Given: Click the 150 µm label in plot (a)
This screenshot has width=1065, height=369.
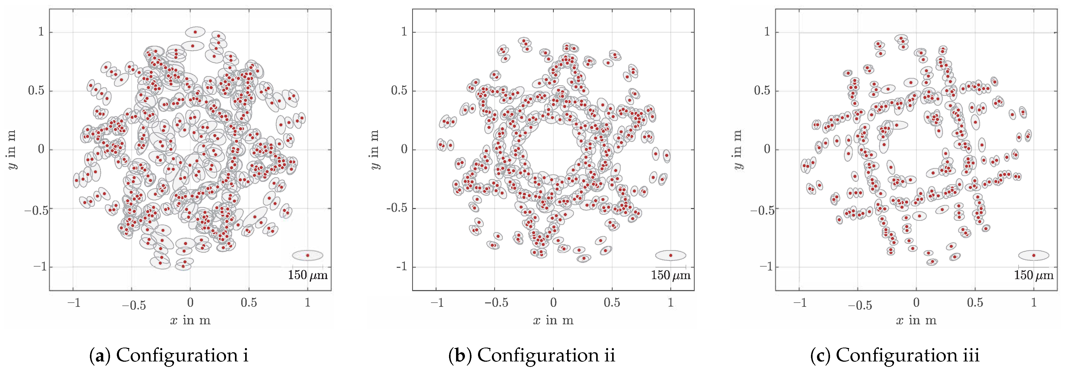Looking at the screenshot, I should click(308, 275).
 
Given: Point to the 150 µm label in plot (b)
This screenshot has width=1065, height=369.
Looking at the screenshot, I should click(671, 275).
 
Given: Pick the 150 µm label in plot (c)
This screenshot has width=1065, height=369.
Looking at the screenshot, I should click(1034, 275).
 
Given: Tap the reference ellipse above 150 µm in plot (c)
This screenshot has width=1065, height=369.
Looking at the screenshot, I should click(1034, 255).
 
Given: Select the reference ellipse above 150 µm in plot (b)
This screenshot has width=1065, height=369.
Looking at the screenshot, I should click(671, 255).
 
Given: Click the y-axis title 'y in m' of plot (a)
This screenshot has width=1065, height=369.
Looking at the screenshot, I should click(12, 149).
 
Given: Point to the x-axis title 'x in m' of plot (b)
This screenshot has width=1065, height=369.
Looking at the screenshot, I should click(553, 320).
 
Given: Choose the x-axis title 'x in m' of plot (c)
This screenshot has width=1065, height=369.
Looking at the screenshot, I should click(916, 320).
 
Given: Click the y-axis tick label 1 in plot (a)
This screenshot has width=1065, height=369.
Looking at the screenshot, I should click(41, 32).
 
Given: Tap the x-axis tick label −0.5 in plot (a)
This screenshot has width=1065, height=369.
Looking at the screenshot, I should click(134, 305).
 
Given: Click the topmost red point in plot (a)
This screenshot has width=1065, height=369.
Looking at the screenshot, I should click(195, 32).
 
